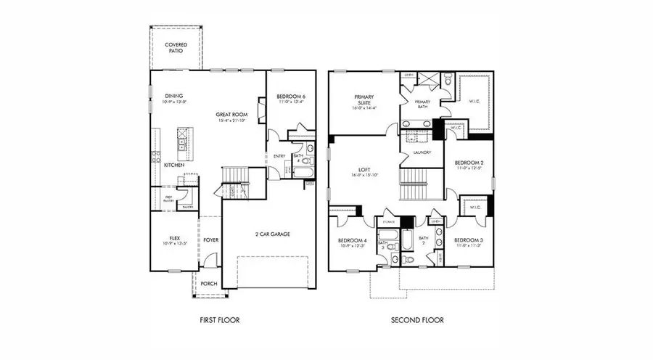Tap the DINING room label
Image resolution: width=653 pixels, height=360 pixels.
(173, 96)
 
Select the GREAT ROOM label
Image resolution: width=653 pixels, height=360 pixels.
(230, 114)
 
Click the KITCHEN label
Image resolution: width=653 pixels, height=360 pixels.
(173, 165)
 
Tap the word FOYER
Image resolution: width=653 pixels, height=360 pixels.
(210, 239)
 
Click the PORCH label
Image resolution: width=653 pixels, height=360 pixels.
(209, 284)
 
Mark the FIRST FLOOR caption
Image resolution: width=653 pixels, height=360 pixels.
(219, 319)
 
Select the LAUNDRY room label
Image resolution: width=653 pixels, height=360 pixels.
(422, 152)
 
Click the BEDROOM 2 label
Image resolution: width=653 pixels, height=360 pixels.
(469, 163)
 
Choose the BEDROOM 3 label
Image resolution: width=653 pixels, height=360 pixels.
(469, 240)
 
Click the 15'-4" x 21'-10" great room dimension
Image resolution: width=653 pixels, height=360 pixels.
(232, 120)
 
